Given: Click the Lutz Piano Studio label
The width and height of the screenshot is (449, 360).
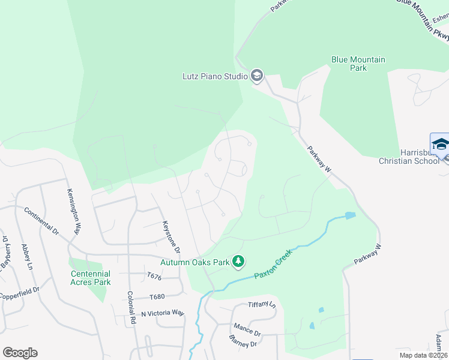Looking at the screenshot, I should [215, 76].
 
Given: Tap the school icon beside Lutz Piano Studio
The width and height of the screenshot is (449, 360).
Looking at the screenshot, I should [257, 76].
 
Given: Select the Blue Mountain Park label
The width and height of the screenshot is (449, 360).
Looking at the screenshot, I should [358, 64].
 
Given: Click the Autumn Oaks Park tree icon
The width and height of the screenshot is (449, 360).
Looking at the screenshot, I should [239, 261].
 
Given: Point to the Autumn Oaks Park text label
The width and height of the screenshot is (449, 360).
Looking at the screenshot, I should [195, 262].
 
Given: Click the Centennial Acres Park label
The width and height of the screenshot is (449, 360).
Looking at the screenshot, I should [91, 278].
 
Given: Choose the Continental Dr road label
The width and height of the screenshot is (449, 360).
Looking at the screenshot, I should [41, 221].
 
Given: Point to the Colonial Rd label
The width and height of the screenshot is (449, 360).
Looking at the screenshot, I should [131, 308].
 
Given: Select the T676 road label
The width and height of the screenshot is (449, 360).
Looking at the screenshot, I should [155, 276].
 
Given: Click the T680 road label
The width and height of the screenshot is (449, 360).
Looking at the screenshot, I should [156, 296].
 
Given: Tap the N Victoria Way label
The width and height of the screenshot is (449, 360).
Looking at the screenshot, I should [163, 313].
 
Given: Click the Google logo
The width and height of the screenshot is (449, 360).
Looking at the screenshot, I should [20, 353].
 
